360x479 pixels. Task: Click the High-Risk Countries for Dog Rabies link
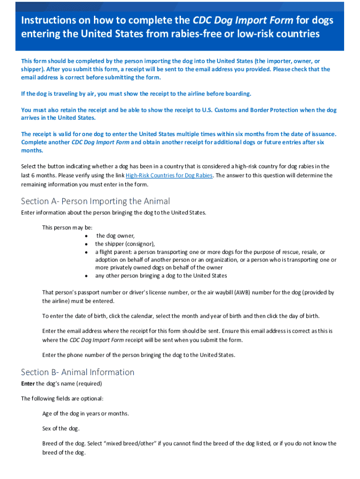pos(169,175)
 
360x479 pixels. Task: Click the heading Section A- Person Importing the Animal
pos(95,201)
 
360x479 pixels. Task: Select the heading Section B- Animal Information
pos(78,372)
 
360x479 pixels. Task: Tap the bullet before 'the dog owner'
pos(86,236)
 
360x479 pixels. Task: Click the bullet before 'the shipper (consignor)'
pos(86,244)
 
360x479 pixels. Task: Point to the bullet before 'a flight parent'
pos(86,252)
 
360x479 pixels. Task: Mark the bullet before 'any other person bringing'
pos(86,276)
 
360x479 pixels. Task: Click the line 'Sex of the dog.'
pos(61,428)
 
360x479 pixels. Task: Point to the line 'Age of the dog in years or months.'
pos(85,414)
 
